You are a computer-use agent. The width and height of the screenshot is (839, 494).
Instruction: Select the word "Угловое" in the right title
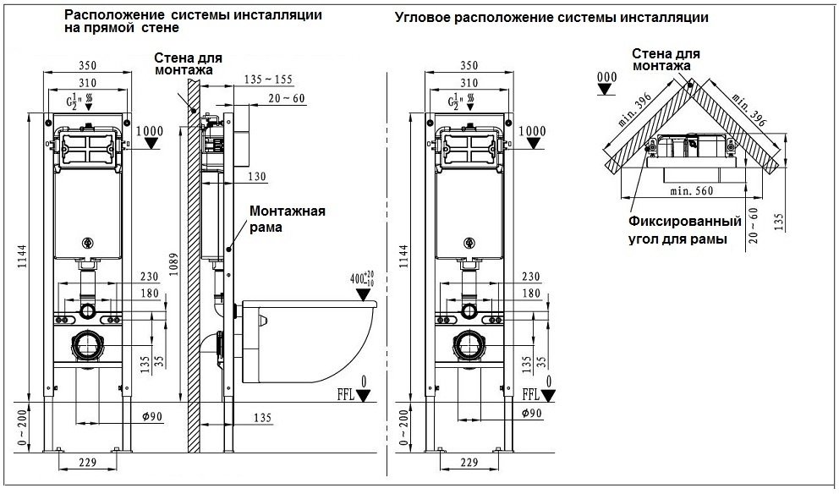(421, 16)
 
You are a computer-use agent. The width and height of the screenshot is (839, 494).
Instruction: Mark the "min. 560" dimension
(691, 192)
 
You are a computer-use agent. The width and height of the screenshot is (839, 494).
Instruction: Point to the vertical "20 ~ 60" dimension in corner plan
(754, 225)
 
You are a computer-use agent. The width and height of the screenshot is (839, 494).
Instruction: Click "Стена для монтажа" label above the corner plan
(665, 58)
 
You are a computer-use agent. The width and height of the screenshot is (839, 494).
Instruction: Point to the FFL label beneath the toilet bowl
(346, 393)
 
